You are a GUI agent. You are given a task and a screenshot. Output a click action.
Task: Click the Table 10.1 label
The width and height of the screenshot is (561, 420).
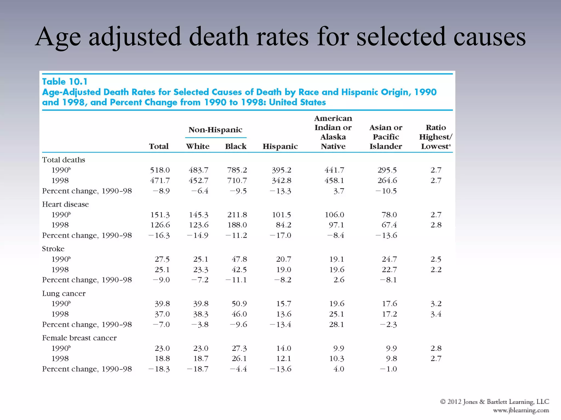click(x=65, y=82)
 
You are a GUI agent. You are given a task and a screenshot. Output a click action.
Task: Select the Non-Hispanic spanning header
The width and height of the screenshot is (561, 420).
click(x=215, y=130)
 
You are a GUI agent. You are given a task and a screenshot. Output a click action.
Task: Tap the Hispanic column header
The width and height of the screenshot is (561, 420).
click(x=280, y=147)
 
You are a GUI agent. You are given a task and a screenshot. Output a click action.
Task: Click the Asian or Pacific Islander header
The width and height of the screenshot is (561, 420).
click(x=386, y=137)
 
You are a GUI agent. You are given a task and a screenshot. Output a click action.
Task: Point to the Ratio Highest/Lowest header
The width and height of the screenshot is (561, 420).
click(x=436, y=137)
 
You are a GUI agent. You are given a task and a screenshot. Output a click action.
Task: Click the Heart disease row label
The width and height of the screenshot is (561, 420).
click(x=65, y=204)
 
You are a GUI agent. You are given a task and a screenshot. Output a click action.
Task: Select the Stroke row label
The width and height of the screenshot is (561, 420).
click(x=53, y=249)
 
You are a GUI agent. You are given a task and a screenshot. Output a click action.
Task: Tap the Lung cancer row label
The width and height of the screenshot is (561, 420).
click(x=64, y=293)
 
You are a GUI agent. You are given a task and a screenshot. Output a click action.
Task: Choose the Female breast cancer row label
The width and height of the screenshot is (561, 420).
click(x=79, y=338)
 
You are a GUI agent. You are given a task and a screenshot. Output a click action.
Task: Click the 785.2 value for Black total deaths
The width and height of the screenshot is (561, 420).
click(x=237, y=170)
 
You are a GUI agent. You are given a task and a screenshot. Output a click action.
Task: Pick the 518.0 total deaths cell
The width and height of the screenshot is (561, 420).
click(x=160, y=170)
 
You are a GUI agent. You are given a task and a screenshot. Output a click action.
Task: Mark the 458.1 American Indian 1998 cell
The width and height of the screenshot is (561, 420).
click(x=334, y=180)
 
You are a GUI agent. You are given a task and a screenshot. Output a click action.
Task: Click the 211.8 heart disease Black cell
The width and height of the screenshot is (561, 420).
click(x=237, y=215)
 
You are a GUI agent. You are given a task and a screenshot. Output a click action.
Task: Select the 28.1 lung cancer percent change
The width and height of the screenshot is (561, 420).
click(x=336, y=325)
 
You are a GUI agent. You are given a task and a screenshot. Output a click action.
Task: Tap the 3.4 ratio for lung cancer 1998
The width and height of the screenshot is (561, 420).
click(x=436, y=314)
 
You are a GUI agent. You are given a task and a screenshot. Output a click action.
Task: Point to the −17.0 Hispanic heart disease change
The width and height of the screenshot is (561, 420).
click(x=280, y=235)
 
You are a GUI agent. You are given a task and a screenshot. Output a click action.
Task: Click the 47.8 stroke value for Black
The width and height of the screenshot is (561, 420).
click(x=239, y=259)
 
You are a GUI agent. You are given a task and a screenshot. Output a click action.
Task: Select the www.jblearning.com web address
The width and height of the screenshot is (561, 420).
click(x=521, y=410)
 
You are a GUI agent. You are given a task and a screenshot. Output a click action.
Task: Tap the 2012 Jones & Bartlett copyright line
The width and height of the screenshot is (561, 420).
click(x=494, y=402)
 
